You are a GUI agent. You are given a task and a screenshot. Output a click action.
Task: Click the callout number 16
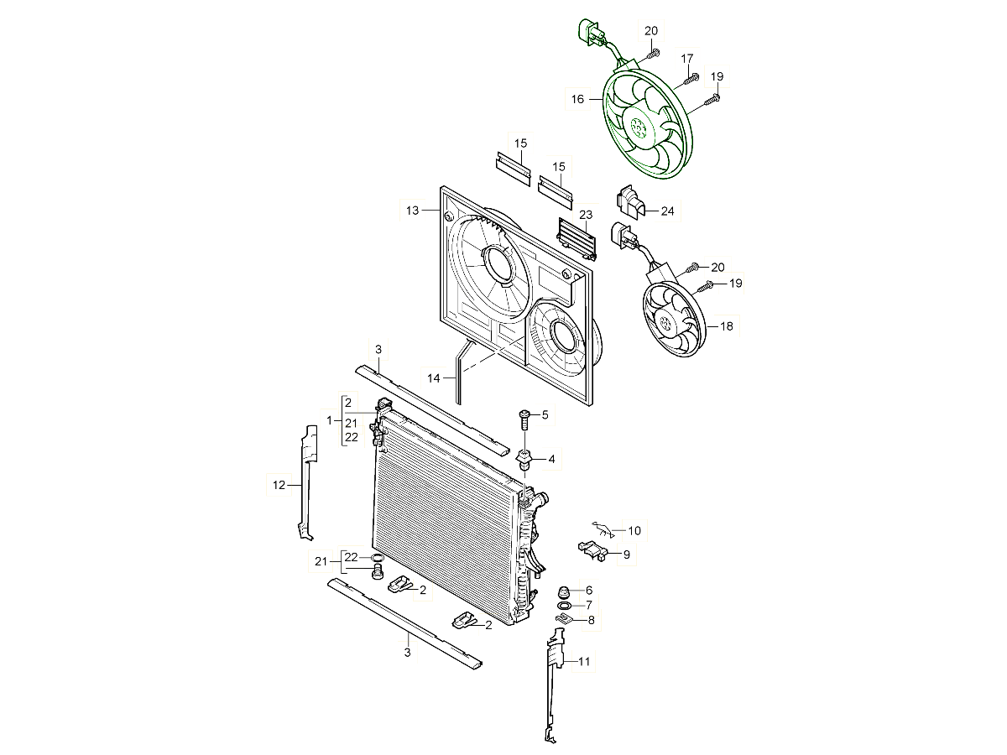click(577, 99)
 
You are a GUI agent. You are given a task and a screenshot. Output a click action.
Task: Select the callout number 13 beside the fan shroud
click(412, 211)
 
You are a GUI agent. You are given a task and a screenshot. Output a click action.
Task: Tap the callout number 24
click(667, 211)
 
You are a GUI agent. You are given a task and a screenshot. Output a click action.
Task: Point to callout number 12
click(279, 485)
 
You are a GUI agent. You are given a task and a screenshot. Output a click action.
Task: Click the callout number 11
click(583, 662)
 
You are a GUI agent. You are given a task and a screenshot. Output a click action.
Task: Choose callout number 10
click(634, 531)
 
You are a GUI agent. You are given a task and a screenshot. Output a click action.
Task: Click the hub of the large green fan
click(638, 126)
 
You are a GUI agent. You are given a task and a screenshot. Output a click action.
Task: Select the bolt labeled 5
click(524, 419)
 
